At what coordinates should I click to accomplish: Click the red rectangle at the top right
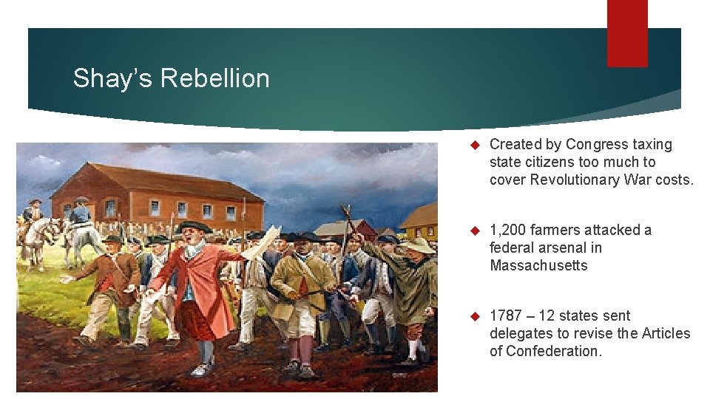[627, 33]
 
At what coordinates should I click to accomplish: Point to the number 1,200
[510, 230]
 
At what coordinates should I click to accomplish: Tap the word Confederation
[546, 351]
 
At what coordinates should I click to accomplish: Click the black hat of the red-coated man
[195, 228]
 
